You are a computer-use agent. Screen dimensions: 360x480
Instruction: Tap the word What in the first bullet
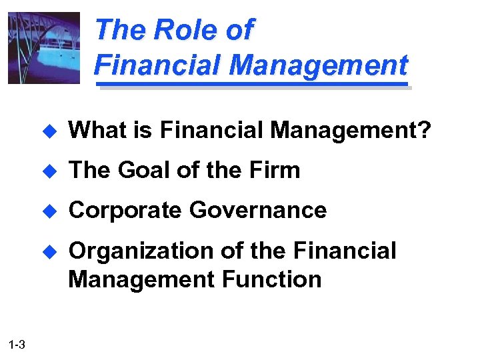pos(95,131)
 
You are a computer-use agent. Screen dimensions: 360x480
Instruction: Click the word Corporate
pos(125,211)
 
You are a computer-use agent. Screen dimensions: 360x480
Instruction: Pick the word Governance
pos(258,211)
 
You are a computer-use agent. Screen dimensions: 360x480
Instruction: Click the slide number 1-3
pos(18,345)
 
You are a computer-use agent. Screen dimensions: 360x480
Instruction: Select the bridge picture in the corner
pos(43,48)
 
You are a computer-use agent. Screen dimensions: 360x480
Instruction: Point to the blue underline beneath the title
pos(253,85)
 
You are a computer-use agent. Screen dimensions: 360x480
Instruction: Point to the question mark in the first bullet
pos(424,131)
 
